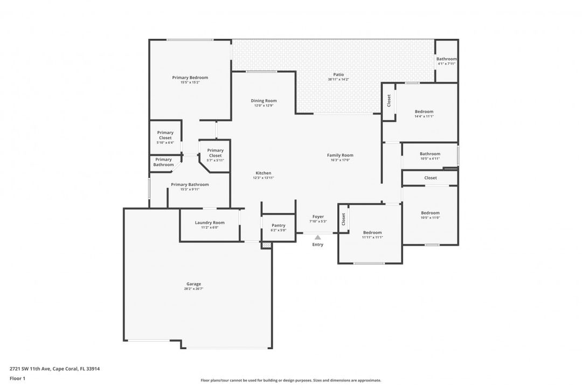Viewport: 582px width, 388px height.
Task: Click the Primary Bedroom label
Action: click(x=190, y=78)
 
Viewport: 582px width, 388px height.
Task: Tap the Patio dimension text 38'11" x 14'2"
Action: click(x=338, y=80)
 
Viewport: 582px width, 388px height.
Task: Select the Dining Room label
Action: click(x=264, y=101)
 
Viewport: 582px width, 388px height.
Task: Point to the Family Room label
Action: click(x=340, y=155)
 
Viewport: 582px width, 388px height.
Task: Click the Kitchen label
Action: click(x=263, y=173)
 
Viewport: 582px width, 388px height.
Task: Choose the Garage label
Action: click(x=193, y=284)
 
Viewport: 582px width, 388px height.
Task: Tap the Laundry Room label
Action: click(x=210, y=223)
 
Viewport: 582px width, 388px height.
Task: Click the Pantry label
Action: click(x=278, y=225)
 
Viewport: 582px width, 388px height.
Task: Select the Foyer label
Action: click(x=318, y=217)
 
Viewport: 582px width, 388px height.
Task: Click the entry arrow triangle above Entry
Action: click(x=318, y=237)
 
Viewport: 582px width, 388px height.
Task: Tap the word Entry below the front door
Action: click(x=318, y=245)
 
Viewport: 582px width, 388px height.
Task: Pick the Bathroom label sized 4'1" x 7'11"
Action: click(x=446, y=59)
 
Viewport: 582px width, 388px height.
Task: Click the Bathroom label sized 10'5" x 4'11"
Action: click(x=429, y=154)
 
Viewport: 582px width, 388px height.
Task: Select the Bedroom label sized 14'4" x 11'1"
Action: click(x=424, y=112)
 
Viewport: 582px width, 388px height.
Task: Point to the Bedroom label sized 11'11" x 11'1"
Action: click(x=372, y=232)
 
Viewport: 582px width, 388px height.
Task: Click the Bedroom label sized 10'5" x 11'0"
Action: click(x=430, y=213)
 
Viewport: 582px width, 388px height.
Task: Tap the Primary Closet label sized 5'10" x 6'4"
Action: click(x=165, y=135)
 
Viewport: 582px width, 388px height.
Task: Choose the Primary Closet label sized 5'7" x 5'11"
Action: click(x=215, y=153)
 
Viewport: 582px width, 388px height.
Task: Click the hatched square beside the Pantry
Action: click(x=266, y=245)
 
